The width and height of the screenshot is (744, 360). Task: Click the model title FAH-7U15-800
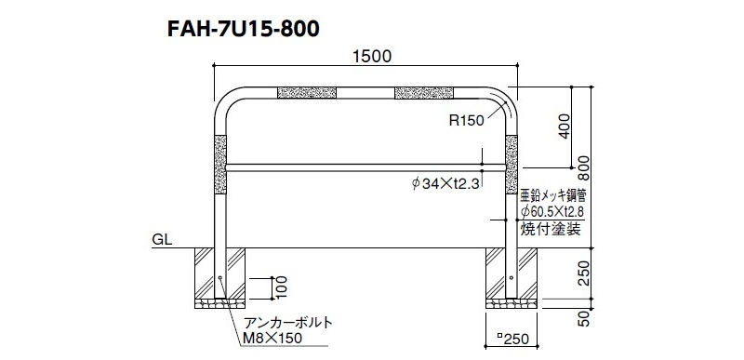243,29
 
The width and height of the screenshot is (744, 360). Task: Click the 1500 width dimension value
373,57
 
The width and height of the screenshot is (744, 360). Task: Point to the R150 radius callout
467,121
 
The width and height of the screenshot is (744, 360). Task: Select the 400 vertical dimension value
564,126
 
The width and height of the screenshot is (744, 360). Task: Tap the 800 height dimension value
586,167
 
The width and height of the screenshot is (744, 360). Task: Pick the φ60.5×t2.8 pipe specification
552,211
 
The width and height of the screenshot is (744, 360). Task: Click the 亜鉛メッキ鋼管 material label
552,197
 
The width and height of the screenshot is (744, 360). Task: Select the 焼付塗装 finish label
551,230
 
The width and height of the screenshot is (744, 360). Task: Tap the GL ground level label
161,239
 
